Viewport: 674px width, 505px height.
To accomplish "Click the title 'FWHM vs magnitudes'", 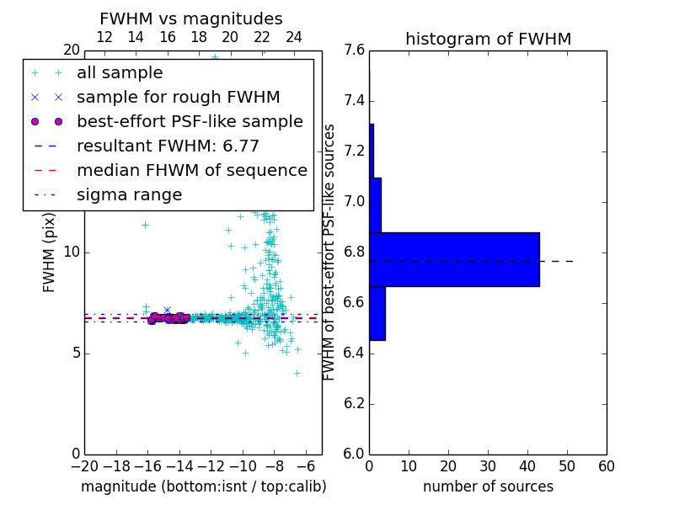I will (x=191, y=19).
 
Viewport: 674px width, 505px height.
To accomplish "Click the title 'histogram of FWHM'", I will (x=488, y=39).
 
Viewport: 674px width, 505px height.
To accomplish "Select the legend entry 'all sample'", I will (x=120, y=73).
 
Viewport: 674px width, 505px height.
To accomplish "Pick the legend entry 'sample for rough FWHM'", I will (x=178, y=97).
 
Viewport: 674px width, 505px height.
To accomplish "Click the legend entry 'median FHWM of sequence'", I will (x=191, y=170).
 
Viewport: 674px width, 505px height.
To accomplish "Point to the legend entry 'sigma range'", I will (x=129, y=194).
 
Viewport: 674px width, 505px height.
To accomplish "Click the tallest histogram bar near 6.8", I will (x=454, y=259).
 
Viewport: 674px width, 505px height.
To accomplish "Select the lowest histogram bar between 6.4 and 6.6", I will (x=377, y=313).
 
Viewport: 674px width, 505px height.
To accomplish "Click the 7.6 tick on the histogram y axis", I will (x=354, y=50).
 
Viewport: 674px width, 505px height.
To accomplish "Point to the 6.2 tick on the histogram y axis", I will (x=354, y=403).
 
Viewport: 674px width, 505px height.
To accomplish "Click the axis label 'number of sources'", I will (x=488, y=486).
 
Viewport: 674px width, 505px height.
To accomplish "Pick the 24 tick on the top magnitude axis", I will (x=294, y=37).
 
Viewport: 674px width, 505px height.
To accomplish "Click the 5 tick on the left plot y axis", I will (x=74, y=353).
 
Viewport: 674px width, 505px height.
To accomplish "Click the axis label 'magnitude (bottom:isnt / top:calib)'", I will (x=203, y=486).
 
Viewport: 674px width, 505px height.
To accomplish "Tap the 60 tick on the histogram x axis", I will (x=607, y=465).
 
